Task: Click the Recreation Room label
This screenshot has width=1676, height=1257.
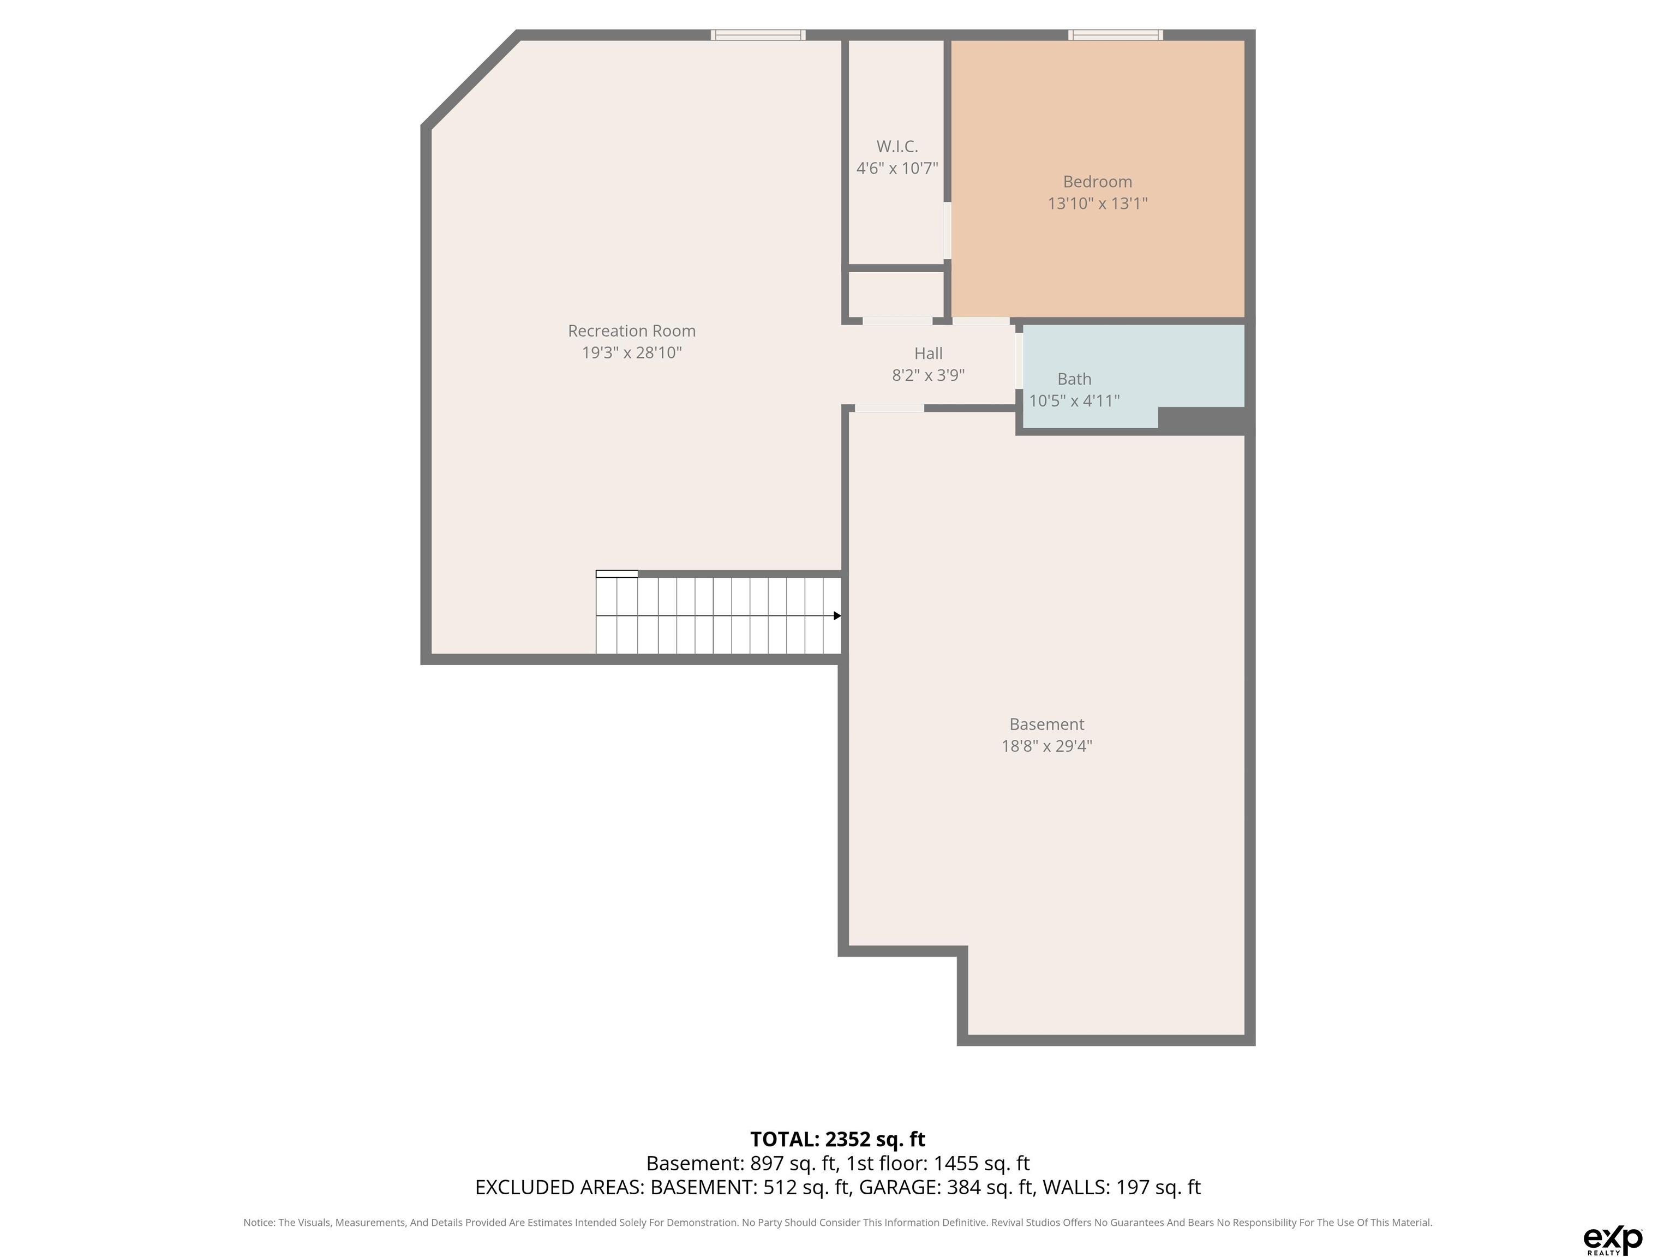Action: click(631, 331)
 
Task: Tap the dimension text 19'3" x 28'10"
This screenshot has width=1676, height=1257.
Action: click(631, 353)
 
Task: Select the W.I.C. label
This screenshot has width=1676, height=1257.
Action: click(897, 147)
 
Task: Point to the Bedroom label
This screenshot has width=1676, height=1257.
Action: click(1097, 182)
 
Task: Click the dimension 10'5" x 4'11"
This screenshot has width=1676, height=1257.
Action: click(1074, 401)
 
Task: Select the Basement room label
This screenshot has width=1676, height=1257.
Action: click(1046, 725)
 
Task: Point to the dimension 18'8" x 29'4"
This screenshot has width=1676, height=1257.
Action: click(1046, 746)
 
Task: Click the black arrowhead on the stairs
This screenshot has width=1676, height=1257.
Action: click(837, 616)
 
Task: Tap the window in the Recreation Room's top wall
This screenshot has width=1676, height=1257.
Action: click(758, 35)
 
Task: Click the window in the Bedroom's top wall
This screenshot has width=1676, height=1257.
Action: click(1115, 35)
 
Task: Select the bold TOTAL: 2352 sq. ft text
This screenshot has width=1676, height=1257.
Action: click(837, 1140)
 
